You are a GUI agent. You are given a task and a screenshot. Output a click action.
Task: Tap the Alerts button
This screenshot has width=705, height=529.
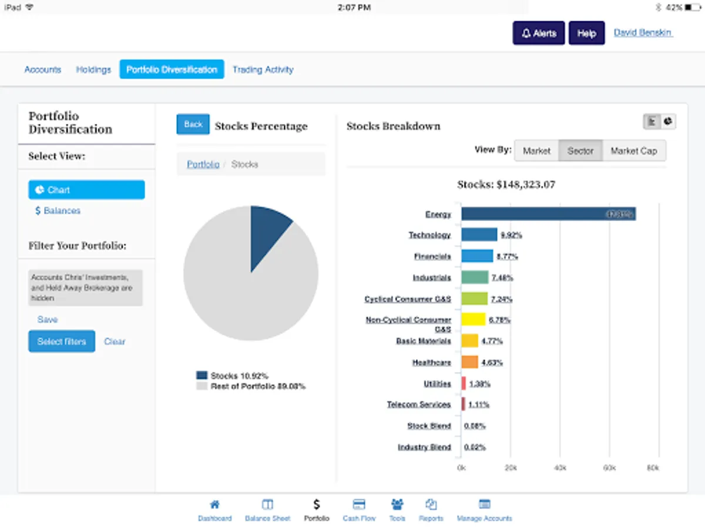[539, 34]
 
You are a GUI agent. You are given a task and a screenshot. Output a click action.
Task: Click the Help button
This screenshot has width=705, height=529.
[586, 34]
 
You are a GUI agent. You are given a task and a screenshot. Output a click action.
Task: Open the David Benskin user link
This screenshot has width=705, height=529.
[643, 33]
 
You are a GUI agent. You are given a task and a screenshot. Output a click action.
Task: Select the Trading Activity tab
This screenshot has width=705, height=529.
[263, 69]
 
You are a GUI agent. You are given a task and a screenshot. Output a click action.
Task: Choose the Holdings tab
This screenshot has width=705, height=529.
[93, 69]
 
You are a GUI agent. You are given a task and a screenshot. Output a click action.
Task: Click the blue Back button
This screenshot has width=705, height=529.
[193, 125]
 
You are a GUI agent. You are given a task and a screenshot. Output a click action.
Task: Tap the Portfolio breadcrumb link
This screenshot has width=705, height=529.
[203, 165]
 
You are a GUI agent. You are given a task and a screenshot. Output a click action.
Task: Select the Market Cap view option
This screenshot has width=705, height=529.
[633, 151]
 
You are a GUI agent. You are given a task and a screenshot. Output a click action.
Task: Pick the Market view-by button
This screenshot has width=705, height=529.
[536, 151]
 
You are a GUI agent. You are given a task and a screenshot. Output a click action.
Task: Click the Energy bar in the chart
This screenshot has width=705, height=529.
[548, 214]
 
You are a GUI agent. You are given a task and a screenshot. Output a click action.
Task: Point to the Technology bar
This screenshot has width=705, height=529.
[479, 235]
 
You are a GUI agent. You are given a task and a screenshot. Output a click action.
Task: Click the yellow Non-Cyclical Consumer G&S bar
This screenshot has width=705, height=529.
[473, 320]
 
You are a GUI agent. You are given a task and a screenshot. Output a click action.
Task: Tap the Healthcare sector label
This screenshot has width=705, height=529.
[431, 363]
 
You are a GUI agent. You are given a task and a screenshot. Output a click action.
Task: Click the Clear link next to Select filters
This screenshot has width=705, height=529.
[115, 341]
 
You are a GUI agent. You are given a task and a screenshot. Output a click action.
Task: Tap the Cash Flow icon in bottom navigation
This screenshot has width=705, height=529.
[359, 505]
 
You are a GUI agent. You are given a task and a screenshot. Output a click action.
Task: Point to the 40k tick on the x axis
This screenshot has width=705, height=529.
[560, 468]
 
